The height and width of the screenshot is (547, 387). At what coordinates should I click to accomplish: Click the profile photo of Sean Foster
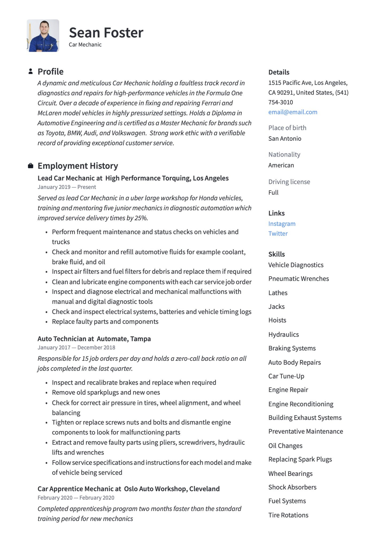pyautogui.click(x=43, y=36)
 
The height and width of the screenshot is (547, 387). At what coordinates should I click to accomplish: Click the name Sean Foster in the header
pyautogui.click(x=106, y=33)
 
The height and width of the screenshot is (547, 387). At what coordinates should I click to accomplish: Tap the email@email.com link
pyautogui.click(x=293, y=112)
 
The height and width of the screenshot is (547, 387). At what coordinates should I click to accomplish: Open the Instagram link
pyautogui.click(x=282, y=224)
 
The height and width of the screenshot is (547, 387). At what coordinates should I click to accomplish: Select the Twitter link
pyautogui.click(x=278, y=234)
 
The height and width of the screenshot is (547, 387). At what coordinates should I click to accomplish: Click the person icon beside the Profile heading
pyautogui.click(x=30, y=71)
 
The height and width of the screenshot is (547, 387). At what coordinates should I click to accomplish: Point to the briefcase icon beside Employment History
pyautogui.click(x=30, y=166)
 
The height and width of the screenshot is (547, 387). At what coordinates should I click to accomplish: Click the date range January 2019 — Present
pyautogui.click(x=67, y=187)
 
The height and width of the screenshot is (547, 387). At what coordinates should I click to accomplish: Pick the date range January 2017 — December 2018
pyautogui.click(x=76, y=347)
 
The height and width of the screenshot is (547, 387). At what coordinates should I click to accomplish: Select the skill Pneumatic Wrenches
pyautogui.click(x=299, y=279)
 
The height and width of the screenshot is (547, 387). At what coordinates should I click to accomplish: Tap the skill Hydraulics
pyautogui.click(x=284, y=335)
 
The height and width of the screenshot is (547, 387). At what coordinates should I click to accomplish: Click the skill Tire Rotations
pyautogui.click(x=288, y=515)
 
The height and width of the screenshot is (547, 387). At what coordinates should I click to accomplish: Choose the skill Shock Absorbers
pyautogui.click(x=292, y=487)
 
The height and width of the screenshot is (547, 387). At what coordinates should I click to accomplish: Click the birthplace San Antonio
pyautogui.click(x=285, y=139)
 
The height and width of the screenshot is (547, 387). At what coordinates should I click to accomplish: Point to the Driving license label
pyautogui.click(x=289, y=182)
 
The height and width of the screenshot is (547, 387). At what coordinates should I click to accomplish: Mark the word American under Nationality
pyautogui.click(x=281, y=165)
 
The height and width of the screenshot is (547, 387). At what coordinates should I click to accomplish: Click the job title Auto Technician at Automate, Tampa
pyautogui.click(x=94, y=339)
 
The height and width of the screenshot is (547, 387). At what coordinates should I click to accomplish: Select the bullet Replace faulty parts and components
pyautogui.click(x=105, y=322)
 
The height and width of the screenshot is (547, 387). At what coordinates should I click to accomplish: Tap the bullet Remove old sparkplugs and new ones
pyautogui.click(x=106, y=392)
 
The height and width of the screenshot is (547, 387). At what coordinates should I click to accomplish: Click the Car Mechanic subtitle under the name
pyautogui.click(x=85, y=45)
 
